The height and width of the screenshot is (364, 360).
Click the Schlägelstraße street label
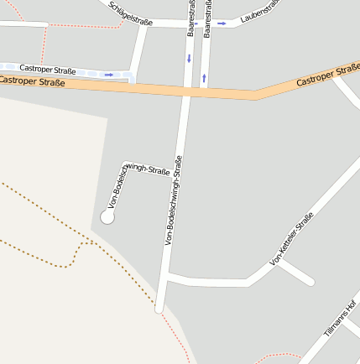(x=131, y=13)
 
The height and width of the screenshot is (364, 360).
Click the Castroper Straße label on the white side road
(x=49, y=69)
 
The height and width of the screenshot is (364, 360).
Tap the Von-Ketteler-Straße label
(x=291, y=240)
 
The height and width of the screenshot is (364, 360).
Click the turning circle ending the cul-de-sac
(x=107, y=217)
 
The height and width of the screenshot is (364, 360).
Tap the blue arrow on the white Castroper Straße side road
(x=109, y=75)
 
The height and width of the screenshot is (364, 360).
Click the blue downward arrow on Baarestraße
(x=190, y=58)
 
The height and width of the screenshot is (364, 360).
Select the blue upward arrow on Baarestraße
(x=204, y=80)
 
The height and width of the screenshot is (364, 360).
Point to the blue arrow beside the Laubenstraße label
(x=222, y=23)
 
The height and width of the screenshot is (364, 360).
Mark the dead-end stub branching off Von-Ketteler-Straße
(x=297, y=273)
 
